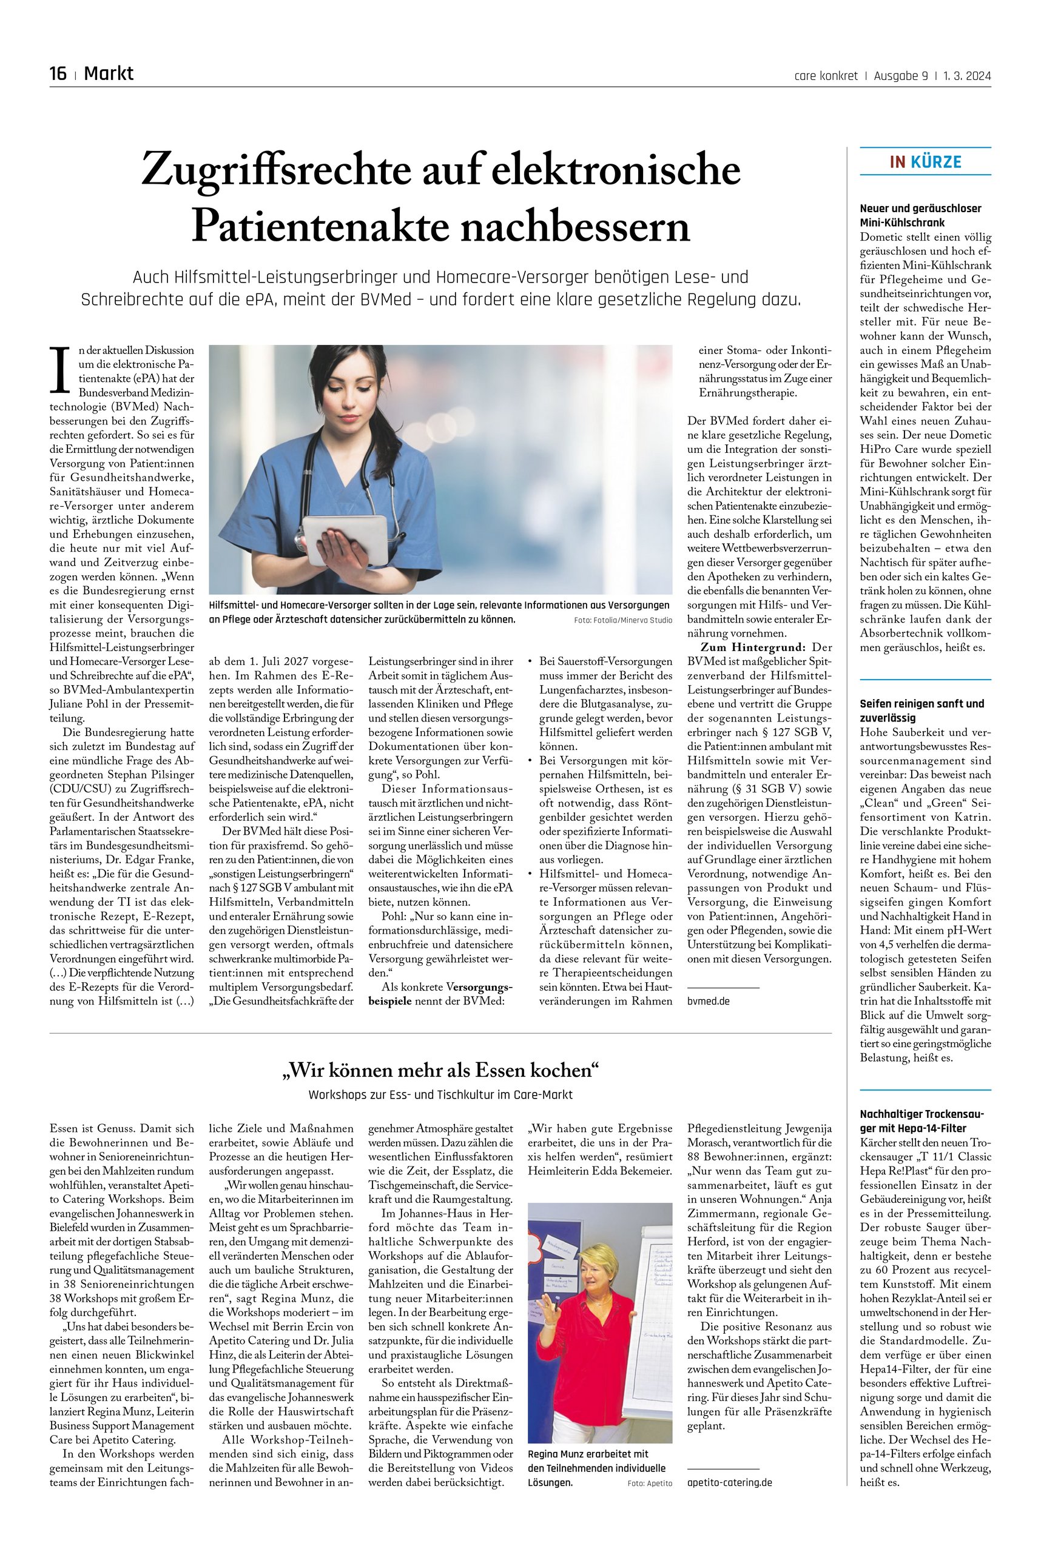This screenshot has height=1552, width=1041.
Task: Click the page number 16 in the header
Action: coord(58,73)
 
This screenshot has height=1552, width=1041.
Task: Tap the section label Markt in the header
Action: coord(108,73)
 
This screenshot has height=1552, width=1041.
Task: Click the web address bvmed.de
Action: coord(709,1002)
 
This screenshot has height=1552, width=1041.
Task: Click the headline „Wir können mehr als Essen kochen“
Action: coord(440,1070)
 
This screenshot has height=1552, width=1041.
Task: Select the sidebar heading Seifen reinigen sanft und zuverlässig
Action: coord(921,711)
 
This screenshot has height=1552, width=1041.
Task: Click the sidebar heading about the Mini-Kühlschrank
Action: coord(920,216)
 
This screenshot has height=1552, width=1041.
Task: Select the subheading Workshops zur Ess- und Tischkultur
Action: coord(440,1094)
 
